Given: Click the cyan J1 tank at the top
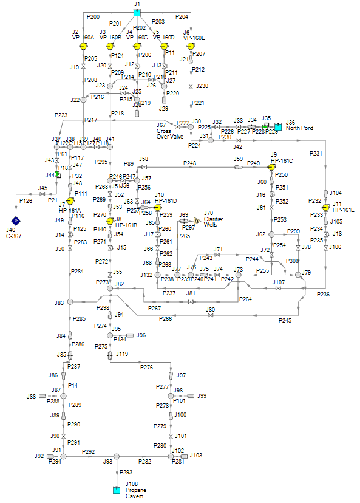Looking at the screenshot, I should click(x=137, y=12).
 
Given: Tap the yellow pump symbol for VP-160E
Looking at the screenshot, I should click(x=191, y=46).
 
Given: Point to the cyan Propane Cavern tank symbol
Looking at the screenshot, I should click(x=117, y=489).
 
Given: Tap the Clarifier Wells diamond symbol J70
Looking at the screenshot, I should click(x=197, y=221).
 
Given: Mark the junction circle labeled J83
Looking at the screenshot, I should click(x=70, y=302).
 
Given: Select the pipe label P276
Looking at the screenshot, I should click(x=146, y=367).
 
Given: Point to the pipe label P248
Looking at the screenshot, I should click(x=189, y=163).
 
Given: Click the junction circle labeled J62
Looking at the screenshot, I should click(x=271, y=234).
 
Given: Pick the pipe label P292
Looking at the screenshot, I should click(x=89, y=451).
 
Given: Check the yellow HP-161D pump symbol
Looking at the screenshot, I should click(x=157, y=207).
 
